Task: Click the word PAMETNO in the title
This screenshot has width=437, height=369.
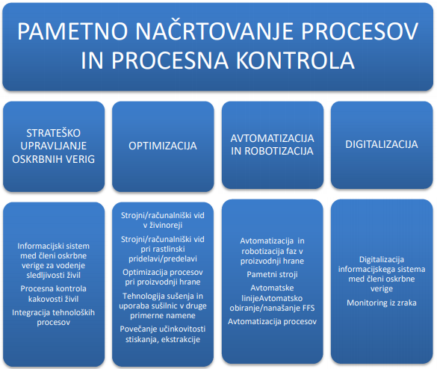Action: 72,31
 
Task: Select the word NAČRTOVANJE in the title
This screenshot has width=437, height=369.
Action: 214,31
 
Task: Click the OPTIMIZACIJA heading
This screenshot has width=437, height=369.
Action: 163,146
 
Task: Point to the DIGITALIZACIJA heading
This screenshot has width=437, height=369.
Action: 382,144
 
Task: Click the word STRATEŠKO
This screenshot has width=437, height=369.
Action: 54,133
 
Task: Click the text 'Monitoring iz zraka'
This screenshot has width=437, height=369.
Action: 382,303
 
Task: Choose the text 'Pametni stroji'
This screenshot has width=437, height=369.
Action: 272,275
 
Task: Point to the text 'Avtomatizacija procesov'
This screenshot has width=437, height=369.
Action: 273,322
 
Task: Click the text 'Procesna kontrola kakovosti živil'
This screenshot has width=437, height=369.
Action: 54,294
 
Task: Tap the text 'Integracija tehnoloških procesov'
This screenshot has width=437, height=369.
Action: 54,317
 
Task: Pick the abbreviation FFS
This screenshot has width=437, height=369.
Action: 309,308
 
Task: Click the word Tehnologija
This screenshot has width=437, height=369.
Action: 142,297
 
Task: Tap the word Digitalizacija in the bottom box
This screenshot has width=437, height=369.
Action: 382,260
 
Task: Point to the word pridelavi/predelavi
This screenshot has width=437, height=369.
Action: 163,259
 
